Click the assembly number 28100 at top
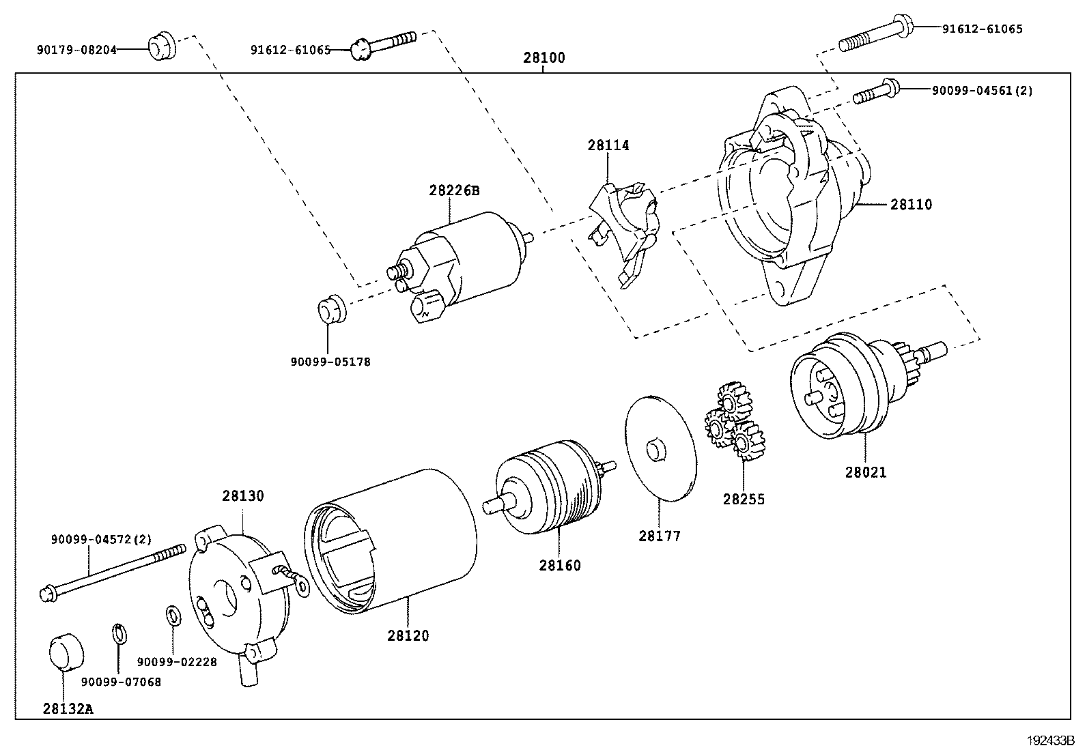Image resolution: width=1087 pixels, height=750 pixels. (544, 58)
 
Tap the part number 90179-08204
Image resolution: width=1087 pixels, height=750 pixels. (76, 50)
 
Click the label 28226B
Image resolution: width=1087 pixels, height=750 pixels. (454, 191)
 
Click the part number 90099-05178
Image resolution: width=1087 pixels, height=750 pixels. (330, 362)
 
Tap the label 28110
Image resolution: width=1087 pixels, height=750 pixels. (911, 205)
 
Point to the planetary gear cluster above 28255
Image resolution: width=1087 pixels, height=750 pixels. (734, 423)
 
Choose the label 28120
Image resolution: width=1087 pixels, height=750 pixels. (408, 636)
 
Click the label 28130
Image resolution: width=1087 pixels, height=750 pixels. (242, 496)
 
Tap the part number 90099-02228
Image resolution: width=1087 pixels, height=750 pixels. (177, 662)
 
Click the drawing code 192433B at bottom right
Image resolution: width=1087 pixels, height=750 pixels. (1051, 740)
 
